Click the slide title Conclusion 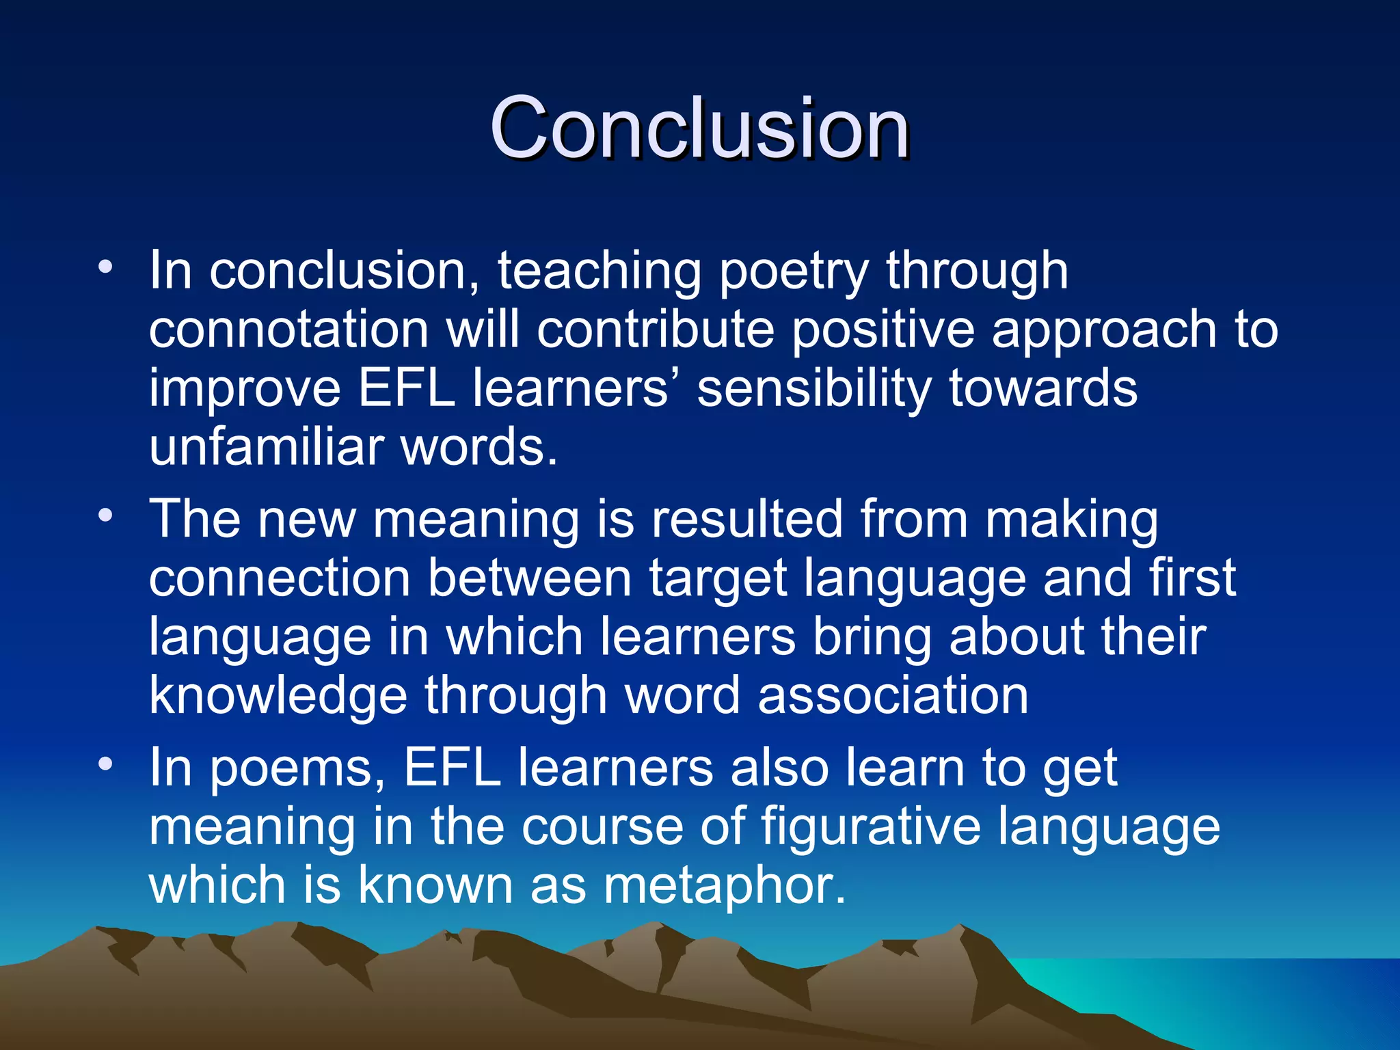pos(699,128)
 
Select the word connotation pos(288,329)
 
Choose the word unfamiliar pos(266,447)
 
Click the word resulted pos(746,520)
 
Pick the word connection pos(280,578)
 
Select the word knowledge pos(278,697)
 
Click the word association pos(893,695)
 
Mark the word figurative pos(870,827)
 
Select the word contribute pos(655,329)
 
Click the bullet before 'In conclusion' pos(105,267)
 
